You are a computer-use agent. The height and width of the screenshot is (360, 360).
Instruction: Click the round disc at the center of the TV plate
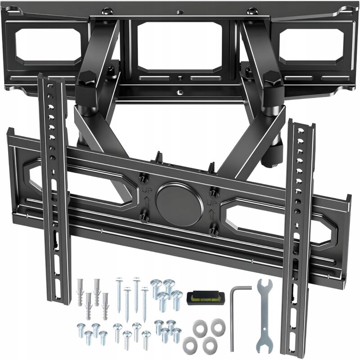pyautogui.click(x=179, y=203)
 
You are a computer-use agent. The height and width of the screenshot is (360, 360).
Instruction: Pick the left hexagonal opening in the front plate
pyautogui.click(x=81, y=182)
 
